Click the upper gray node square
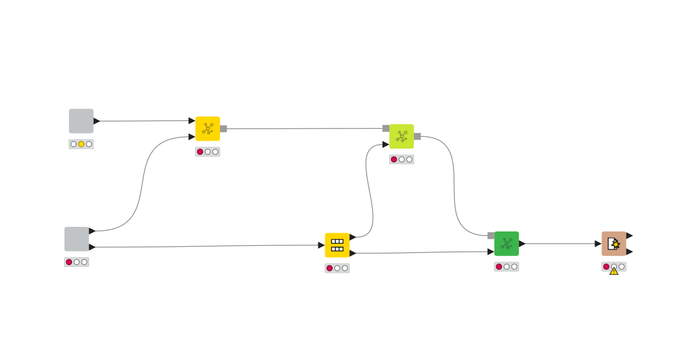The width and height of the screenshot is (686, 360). coord(81,121)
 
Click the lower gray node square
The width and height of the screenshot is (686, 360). coord(77,239)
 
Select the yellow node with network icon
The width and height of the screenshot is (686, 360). coord(208,129)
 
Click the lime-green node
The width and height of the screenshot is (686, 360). coord(401,136)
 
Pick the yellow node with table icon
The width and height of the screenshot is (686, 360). coord(337,245)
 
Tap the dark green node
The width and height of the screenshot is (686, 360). coord(506,243)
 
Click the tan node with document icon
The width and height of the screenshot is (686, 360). coord(613,243)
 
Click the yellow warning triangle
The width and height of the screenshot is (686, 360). coord(614,271)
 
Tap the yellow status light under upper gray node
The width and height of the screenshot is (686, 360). coord(81,144)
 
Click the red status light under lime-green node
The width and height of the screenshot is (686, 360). coord(394,159)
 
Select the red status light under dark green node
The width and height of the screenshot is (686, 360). coord(499,267)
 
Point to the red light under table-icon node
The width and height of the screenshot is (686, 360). coord(329,268)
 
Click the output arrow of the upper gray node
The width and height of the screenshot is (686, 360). coord(97,121)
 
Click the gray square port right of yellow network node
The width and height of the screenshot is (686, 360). coord(224,129)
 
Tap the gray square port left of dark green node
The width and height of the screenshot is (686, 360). coord(491,235)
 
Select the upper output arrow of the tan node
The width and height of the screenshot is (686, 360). coord(629,235)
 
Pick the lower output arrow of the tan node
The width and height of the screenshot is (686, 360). coord(629,251)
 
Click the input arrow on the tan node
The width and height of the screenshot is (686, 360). coord(598,243)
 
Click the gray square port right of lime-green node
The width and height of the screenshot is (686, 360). coord(417,136)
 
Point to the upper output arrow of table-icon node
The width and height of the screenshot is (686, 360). coord(353,237)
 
